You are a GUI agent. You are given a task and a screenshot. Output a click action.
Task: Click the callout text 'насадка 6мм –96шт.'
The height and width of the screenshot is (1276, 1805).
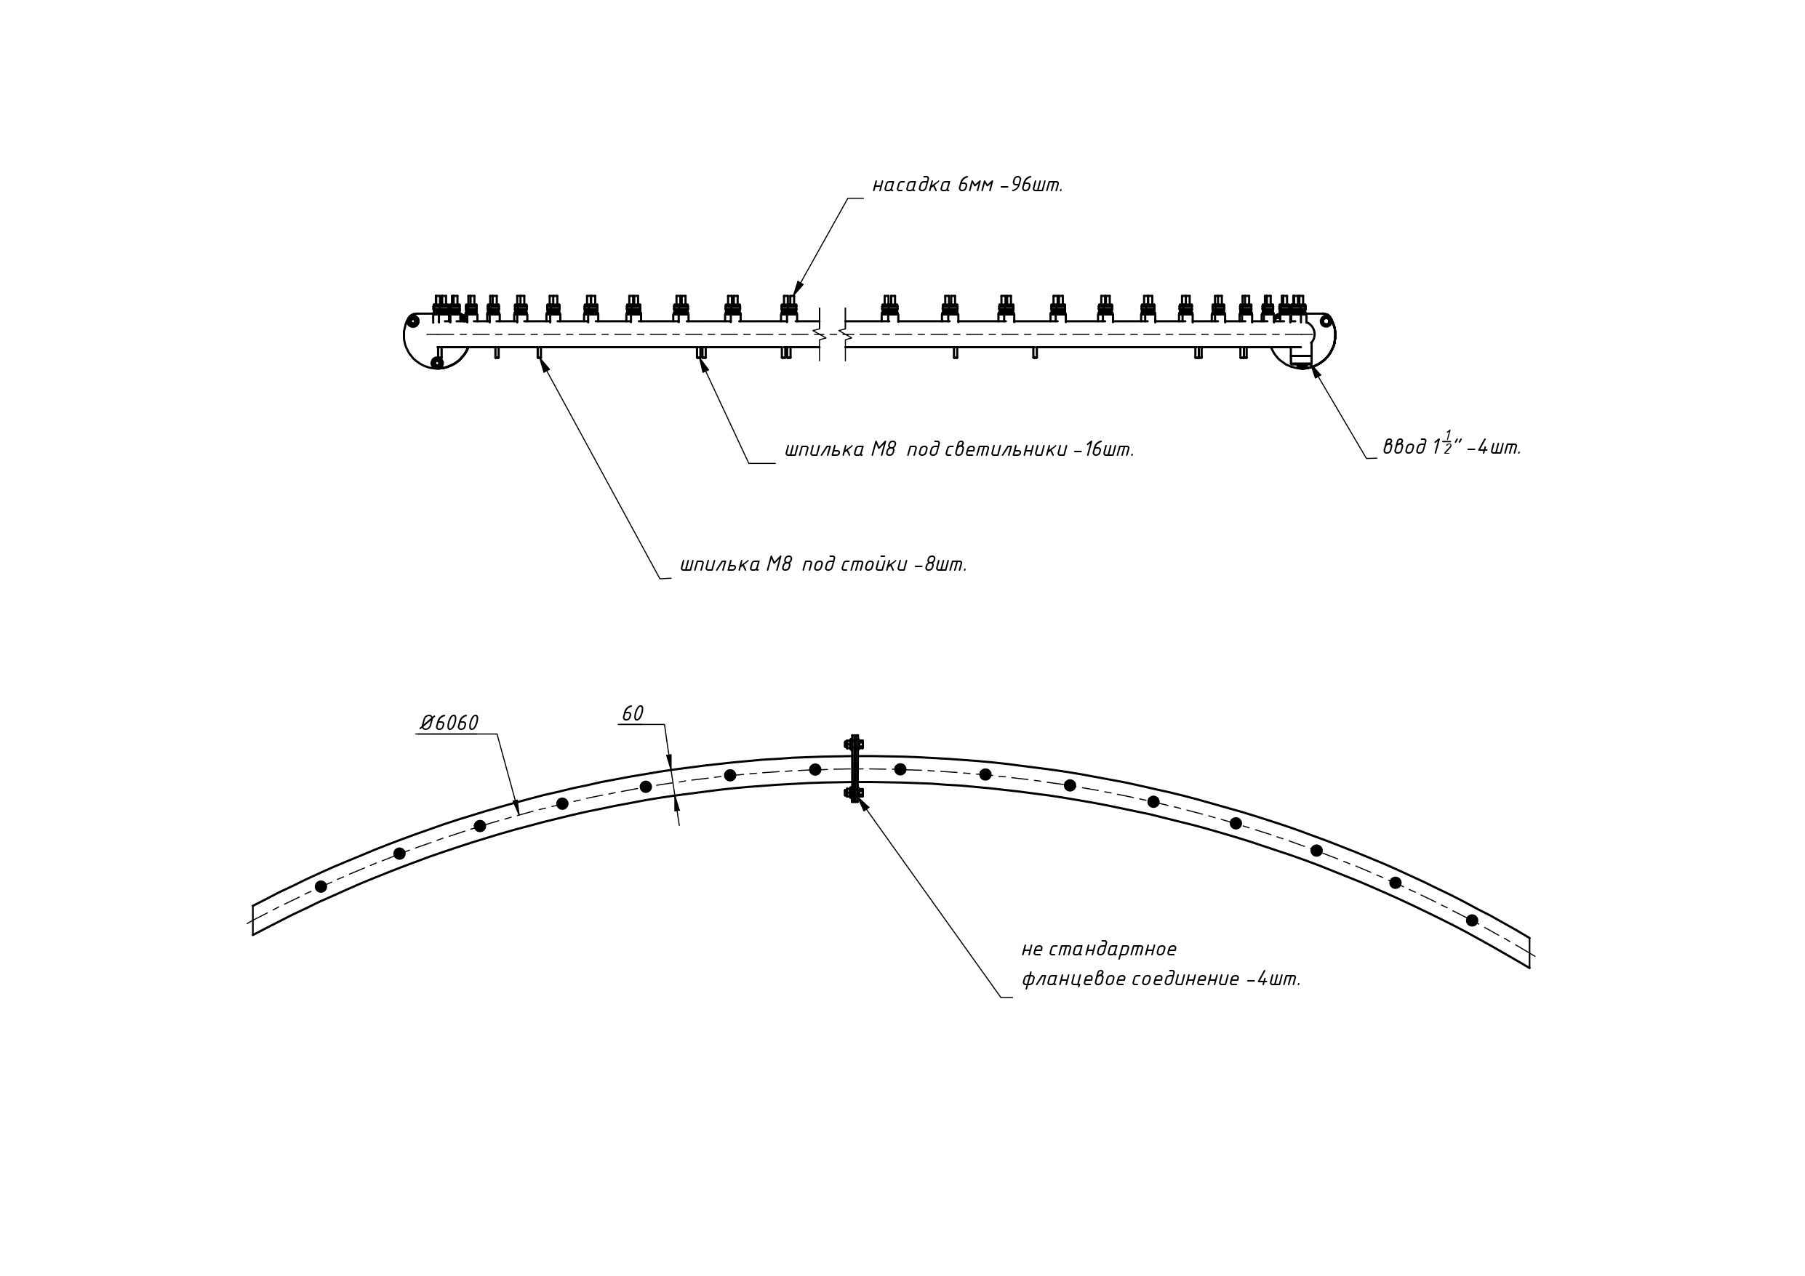(967, 185)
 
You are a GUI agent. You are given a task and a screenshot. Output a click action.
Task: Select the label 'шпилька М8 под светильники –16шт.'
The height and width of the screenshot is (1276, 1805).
(959, 450)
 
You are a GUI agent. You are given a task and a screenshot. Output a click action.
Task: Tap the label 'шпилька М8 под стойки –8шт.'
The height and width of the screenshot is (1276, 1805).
(823, 564)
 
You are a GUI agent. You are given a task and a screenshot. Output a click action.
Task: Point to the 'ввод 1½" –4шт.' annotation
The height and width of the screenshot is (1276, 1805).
(1452, 445)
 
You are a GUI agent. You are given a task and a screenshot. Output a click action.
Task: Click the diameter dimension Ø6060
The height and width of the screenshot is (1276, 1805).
(449, 723)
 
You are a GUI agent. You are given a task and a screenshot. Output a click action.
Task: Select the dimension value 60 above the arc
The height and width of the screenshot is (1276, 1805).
(633, 713)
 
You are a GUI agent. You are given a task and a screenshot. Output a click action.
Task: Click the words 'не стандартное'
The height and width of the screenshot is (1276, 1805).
(1099, 949)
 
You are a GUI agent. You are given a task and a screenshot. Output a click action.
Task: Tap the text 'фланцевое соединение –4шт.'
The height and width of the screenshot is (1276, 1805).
(1161, 979)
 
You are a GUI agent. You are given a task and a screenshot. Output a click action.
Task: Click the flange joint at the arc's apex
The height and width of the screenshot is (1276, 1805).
(854, 768)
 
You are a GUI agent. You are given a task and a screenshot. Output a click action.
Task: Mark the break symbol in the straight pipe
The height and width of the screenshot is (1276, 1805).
(832, 334)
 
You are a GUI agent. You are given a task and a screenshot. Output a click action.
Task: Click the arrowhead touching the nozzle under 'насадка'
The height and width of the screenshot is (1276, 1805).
(797, 289)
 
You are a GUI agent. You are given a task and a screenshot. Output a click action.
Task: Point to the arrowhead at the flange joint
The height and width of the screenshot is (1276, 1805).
(864, 804)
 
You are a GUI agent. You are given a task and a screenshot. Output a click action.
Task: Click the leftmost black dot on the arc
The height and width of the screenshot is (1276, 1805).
(321, 887)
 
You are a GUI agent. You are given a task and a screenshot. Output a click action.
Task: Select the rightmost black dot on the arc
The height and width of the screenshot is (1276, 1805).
(1472, 920)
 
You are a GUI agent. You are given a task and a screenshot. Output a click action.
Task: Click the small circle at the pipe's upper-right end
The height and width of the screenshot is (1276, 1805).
(1326, 321)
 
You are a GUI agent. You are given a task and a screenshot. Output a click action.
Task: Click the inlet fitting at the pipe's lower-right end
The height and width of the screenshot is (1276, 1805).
(1301, 361)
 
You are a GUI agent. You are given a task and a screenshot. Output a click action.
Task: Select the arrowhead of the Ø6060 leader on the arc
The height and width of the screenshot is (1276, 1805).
(516, 806)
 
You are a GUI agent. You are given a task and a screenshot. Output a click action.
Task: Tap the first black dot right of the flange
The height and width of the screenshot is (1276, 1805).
(900, 769)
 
